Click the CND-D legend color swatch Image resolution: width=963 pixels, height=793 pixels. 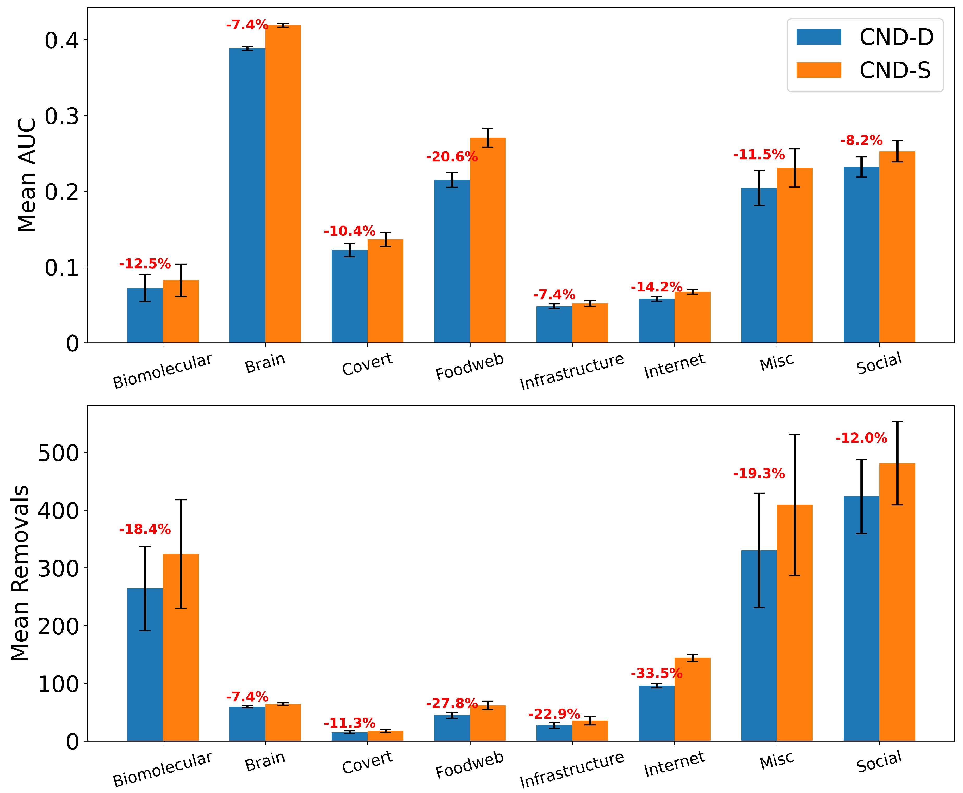pos(818,37)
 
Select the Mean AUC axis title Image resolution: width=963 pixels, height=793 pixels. pos(27,175)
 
